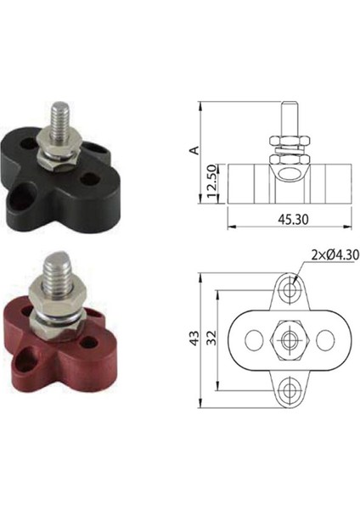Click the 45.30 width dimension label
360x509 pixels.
click(293, 220)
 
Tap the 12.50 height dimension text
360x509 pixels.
click(211, 182)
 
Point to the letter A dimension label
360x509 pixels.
click(194, 150)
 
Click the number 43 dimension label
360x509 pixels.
click(194, 338)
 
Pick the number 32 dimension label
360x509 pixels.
click(211, 338)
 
